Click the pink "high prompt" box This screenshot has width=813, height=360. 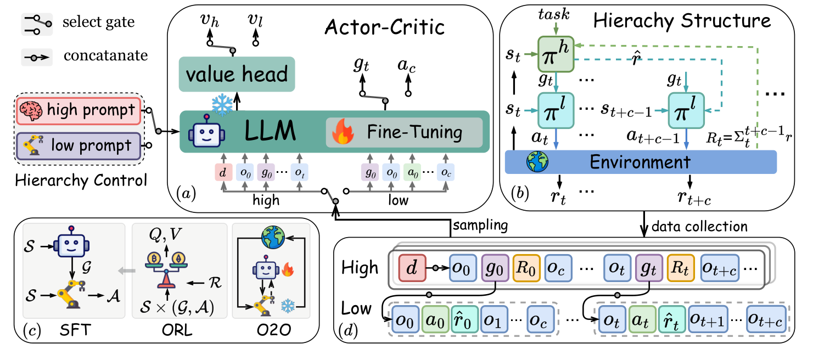(x=79, y=110)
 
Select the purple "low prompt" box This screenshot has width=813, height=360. (x=79, y=145)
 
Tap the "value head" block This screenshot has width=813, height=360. (x=237, y=74)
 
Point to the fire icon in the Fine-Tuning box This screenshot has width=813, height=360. (x=342, y=132)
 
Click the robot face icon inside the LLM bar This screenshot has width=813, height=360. (x=200, y=132)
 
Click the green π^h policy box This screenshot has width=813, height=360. (x=556, y=53)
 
